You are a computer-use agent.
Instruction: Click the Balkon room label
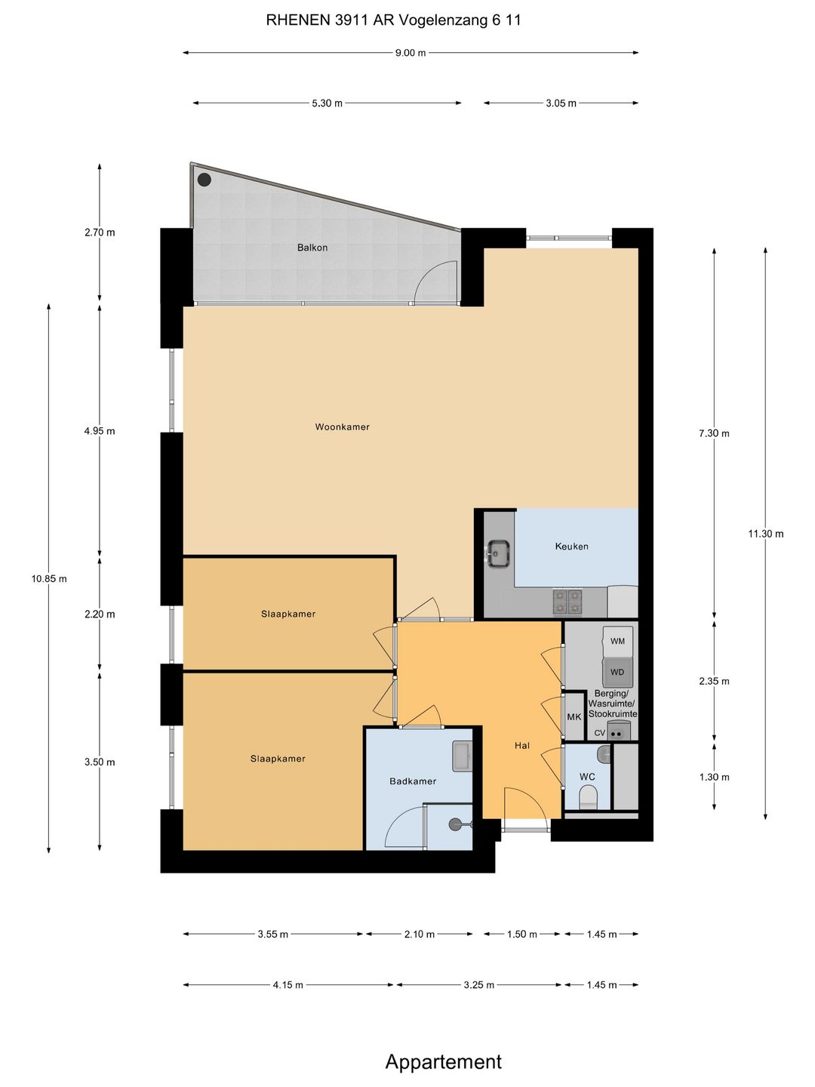tap(312, 247)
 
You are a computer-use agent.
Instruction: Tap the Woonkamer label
tap(342, 427)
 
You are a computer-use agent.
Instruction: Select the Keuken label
tap(571, 547)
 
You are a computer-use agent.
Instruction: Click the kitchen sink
tap(499, 553)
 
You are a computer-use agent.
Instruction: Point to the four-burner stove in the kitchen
tap(567, 601)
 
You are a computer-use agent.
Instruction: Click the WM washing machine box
tap(617, 641)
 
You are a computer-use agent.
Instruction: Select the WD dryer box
tap(617, 672)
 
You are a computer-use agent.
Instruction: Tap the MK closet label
tap(574, 716)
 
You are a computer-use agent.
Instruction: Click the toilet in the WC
tap(588, 799)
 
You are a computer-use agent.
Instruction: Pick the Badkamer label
tap(413, 781)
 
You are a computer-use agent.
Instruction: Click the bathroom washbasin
tap(463, 756)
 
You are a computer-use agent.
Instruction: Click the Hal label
tap(522, 745)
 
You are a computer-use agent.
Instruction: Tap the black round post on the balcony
tap(205, 179)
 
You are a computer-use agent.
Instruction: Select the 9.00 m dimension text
tap(411, 53)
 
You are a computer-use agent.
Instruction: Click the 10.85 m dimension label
tap(49, 578)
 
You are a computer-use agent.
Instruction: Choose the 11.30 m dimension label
tap(766, 534)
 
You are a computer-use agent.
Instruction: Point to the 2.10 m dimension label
tap(420, 935)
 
